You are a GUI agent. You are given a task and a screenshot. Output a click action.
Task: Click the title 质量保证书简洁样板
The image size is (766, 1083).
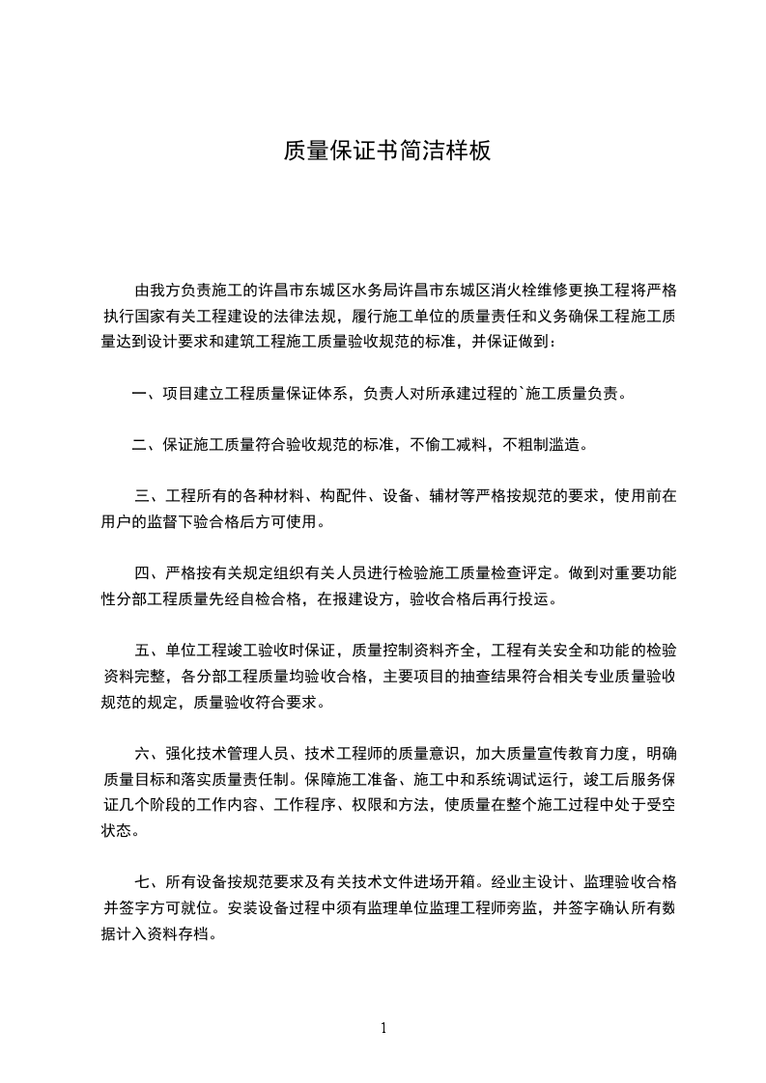click(x=387, y=151)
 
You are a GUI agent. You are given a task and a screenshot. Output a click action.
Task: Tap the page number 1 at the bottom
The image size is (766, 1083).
click(x=383, y=1028)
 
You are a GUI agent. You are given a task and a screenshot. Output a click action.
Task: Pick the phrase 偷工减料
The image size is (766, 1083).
click(x=457, y=445)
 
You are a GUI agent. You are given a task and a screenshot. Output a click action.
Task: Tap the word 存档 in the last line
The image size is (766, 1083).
click(x=196, y=933)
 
